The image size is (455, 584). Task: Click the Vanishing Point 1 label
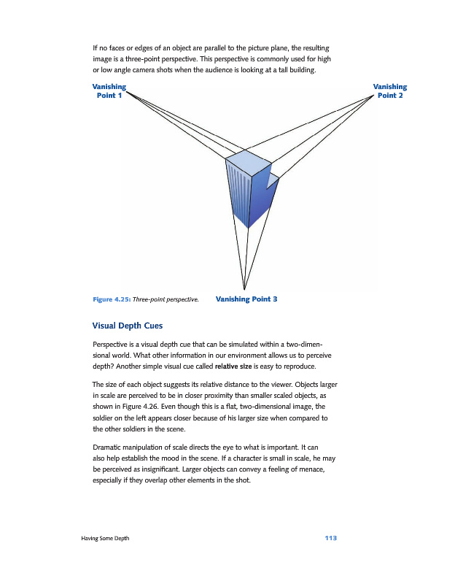[106, 91]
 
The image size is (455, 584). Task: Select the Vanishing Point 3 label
[247, 299]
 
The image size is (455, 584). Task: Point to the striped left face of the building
[238, 193]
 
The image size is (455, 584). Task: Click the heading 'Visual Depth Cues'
[128, 325]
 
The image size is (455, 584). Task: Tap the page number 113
[330, 538]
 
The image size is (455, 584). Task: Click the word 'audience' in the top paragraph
[224, 70]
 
